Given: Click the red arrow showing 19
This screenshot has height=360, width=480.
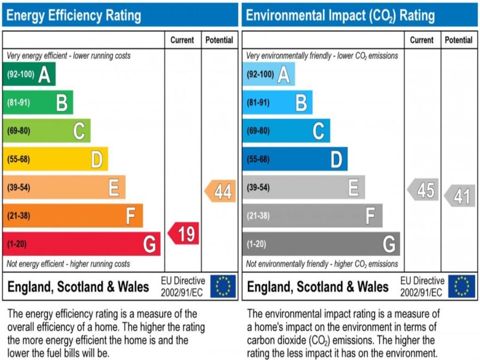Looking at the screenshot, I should pos(184,234).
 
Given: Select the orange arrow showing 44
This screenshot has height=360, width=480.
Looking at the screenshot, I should pos(220,191).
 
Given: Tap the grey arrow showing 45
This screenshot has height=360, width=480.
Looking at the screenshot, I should pos(423,190).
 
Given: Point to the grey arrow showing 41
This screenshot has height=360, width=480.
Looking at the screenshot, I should pos(460,196).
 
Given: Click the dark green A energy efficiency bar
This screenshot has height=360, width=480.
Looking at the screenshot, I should pos(29,74).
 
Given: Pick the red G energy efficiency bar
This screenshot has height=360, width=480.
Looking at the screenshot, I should pos(81,244).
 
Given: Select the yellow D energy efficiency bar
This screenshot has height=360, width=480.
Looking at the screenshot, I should pos(55,159).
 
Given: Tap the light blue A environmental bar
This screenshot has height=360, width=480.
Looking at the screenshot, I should pos(268,74).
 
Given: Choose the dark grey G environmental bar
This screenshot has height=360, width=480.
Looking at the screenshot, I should pos(321,244).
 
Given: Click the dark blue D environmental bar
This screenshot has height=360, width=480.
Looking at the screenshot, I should pos(294,159).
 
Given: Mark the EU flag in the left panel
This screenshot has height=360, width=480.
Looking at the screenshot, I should pos(223,286).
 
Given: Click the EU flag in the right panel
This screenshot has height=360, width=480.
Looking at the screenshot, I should pos(461,286).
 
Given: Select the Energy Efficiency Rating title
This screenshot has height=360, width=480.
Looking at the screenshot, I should pos(74,15).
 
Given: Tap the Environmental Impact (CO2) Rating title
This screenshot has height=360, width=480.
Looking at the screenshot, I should pos(340,15).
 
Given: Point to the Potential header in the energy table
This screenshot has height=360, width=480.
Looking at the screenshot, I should pos(219,40).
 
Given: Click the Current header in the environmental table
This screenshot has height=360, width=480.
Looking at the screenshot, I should pos(422,40).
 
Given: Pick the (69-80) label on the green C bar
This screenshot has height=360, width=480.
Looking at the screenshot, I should pos(19,131).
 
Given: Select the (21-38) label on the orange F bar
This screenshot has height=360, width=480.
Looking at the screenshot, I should pos(19,216).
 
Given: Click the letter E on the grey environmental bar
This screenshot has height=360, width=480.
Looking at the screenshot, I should pos(353,188).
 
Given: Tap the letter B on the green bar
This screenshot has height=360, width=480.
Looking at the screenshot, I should pos(62,102).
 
